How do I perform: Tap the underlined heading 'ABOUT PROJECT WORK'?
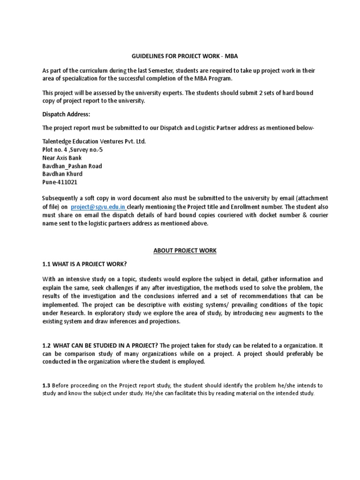tap(185, 250)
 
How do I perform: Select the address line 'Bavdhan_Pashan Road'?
tap(72, 166)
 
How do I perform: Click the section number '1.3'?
tap(46, 385)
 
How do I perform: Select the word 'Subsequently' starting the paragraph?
tap(60, 198)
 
